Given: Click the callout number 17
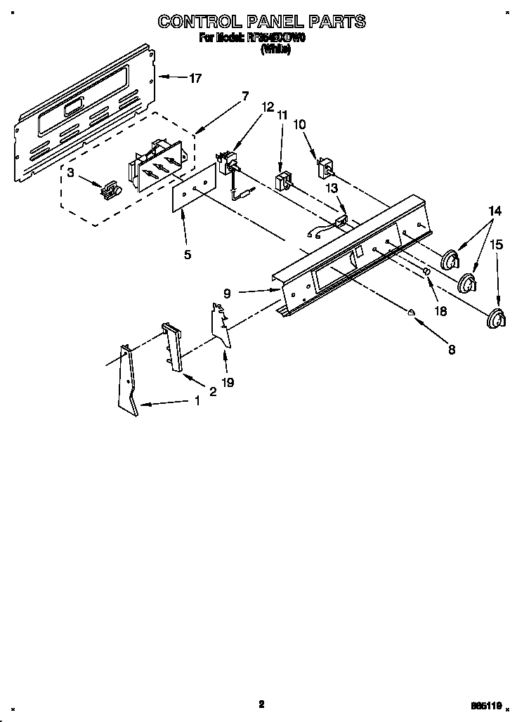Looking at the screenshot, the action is pyautogui.click(x=195, y=78).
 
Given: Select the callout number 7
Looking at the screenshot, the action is pyautogui.click(x=244, y=96).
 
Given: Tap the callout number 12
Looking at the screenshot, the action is pyautogui.click(x=267, y=107).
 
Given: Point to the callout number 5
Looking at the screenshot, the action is pyautogui.click(x=187, y=255).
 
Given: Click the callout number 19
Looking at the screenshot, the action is pyautogui.click(x=228, y=383).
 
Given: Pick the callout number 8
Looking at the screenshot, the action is pyautogui.click(x=451, y=348).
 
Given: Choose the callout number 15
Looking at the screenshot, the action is pyautogui.click(x=496, y=244).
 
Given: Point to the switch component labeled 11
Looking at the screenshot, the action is pyautogui.click(x=284, y=181).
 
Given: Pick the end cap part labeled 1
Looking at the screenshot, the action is pyautogui.click(x=129, y=383).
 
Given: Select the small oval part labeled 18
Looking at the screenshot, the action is pyautogui.click(x=426, y=273).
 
